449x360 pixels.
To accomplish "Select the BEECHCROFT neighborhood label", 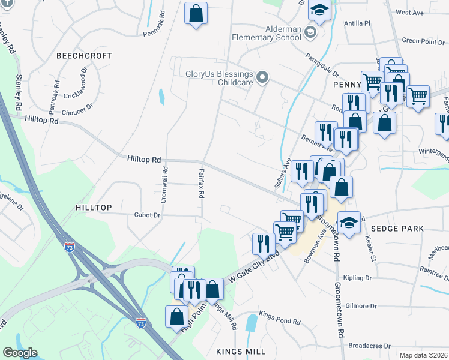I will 84,55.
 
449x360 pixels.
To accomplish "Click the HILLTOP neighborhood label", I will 94,207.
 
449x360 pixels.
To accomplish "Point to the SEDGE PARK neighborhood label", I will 397,229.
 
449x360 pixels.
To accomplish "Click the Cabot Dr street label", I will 148,215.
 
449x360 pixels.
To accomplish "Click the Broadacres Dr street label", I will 369,346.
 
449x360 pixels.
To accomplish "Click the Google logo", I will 20,353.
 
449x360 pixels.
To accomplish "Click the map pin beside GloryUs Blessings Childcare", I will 262,78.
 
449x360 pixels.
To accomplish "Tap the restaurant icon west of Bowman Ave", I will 263,243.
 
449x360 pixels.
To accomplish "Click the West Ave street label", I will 410,12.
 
